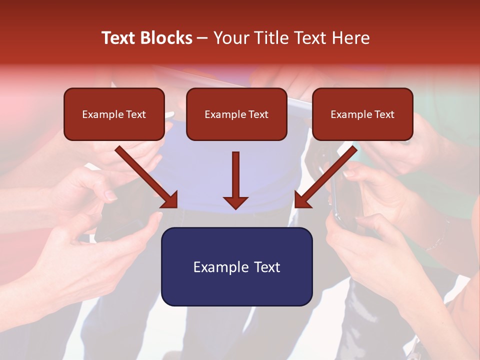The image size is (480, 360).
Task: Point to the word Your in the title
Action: [x=231, y=38]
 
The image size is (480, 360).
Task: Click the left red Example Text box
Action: [x=114, y=114]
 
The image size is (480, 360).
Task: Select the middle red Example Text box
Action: [x=236, y=114]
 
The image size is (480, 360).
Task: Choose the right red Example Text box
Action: [x=362, y=114]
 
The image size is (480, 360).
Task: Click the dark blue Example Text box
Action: [x=236, y=267]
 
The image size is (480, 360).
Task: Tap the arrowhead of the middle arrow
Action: [x=235, y=201]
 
